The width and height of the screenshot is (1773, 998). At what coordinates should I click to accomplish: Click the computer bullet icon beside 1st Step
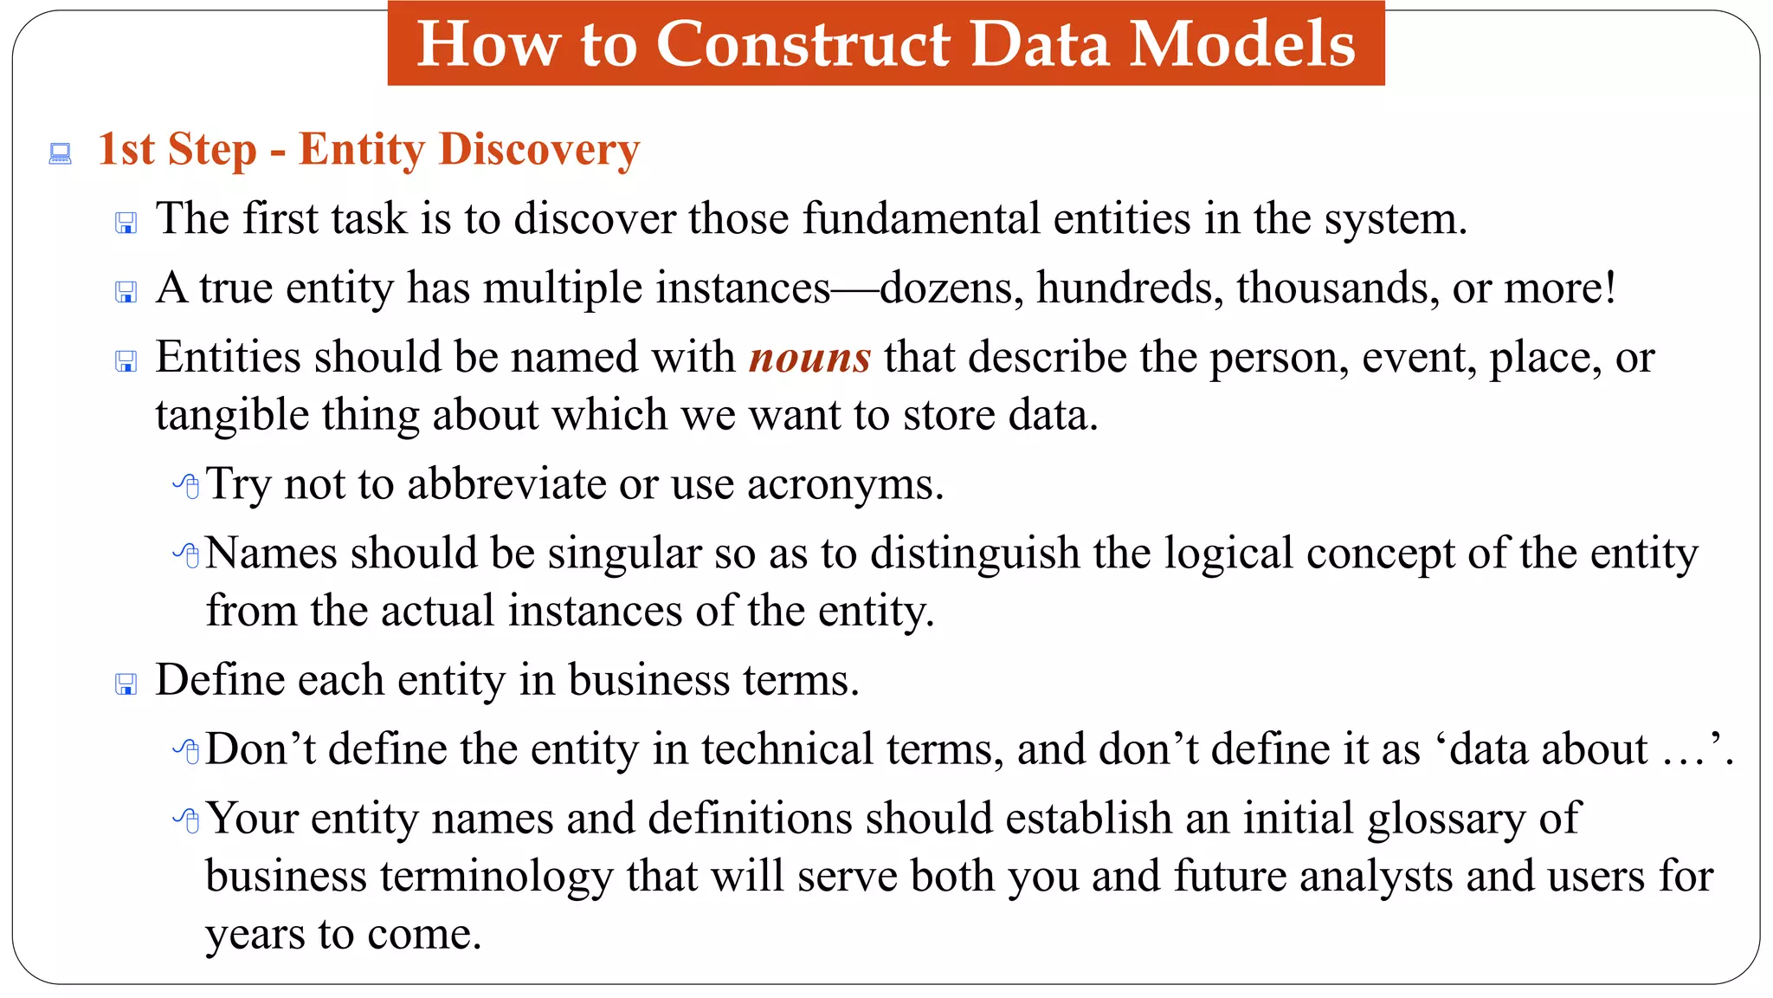[x=60, y=154]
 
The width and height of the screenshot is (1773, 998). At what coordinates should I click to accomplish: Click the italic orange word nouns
[x=809, y=358]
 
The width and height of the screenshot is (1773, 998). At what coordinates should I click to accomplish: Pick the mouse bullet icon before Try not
[x=186, y=485]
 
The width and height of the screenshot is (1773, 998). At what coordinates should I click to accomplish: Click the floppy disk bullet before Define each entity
[x=126, y=684]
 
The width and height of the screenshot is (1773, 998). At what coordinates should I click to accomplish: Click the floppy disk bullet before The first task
[x=126, y=224]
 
